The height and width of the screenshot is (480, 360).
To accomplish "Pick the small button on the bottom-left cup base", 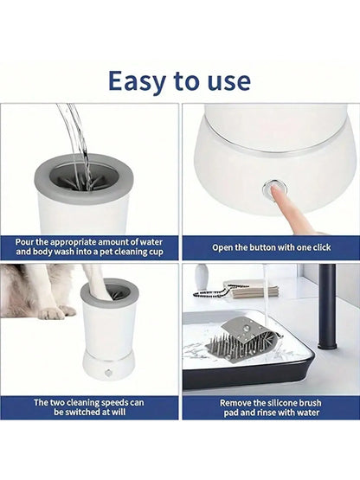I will [x=109, y=374].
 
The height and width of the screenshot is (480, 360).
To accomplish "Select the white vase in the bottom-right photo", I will [x=202, y=278].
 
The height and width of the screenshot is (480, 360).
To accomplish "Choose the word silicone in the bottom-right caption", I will [x=285, y=402].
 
